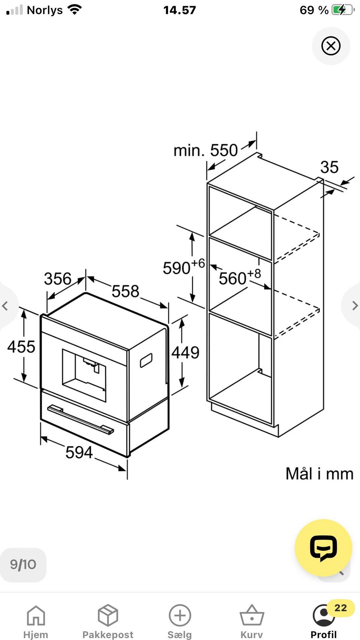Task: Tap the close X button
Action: click(331, 46)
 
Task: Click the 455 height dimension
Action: click(21, 347)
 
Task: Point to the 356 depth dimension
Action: click(57, 278)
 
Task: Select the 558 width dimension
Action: click(125, 291)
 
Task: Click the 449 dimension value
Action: click(185, 352)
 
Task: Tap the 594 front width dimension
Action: click(79, 452)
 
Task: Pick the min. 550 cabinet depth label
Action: click(205, 150)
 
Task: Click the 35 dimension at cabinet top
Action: click(329, 167)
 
